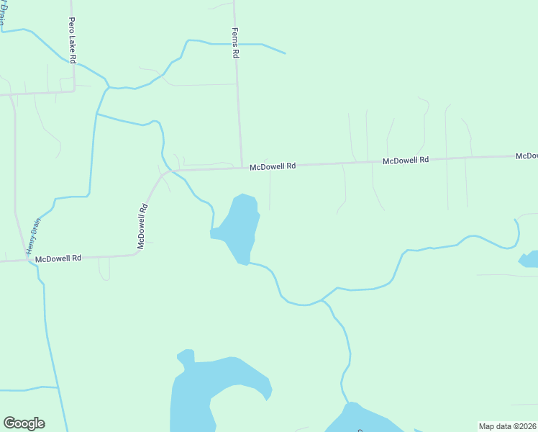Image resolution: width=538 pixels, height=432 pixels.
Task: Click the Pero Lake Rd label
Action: (73, 42)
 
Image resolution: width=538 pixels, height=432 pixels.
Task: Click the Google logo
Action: (24, 423)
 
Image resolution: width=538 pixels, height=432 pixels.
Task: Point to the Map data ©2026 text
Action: (507, 426)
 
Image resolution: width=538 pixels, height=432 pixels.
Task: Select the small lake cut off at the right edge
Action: (529, 259)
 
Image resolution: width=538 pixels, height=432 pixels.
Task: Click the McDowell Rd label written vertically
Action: (143, 227)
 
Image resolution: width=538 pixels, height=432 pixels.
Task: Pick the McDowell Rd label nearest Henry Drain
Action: (58, 258)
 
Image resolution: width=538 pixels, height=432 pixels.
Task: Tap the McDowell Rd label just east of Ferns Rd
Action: (273, 166)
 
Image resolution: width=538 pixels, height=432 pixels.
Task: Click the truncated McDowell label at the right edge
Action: (526, 156)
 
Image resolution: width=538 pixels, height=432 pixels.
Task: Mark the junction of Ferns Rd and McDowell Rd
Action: (240, 168)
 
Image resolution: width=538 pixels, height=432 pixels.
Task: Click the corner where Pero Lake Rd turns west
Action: (75, 91)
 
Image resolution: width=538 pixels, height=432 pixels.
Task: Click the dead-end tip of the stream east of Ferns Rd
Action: (286, 53)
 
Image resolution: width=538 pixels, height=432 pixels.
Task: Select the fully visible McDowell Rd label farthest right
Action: (406, 161)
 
